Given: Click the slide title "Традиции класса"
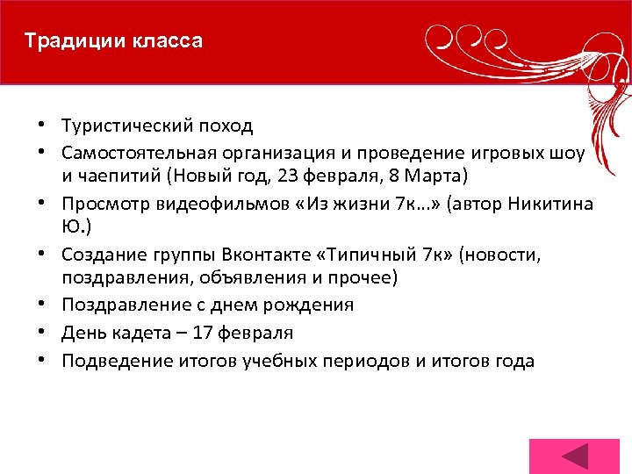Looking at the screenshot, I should point(113,41).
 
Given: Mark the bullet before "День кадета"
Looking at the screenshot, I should point(42,334).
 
